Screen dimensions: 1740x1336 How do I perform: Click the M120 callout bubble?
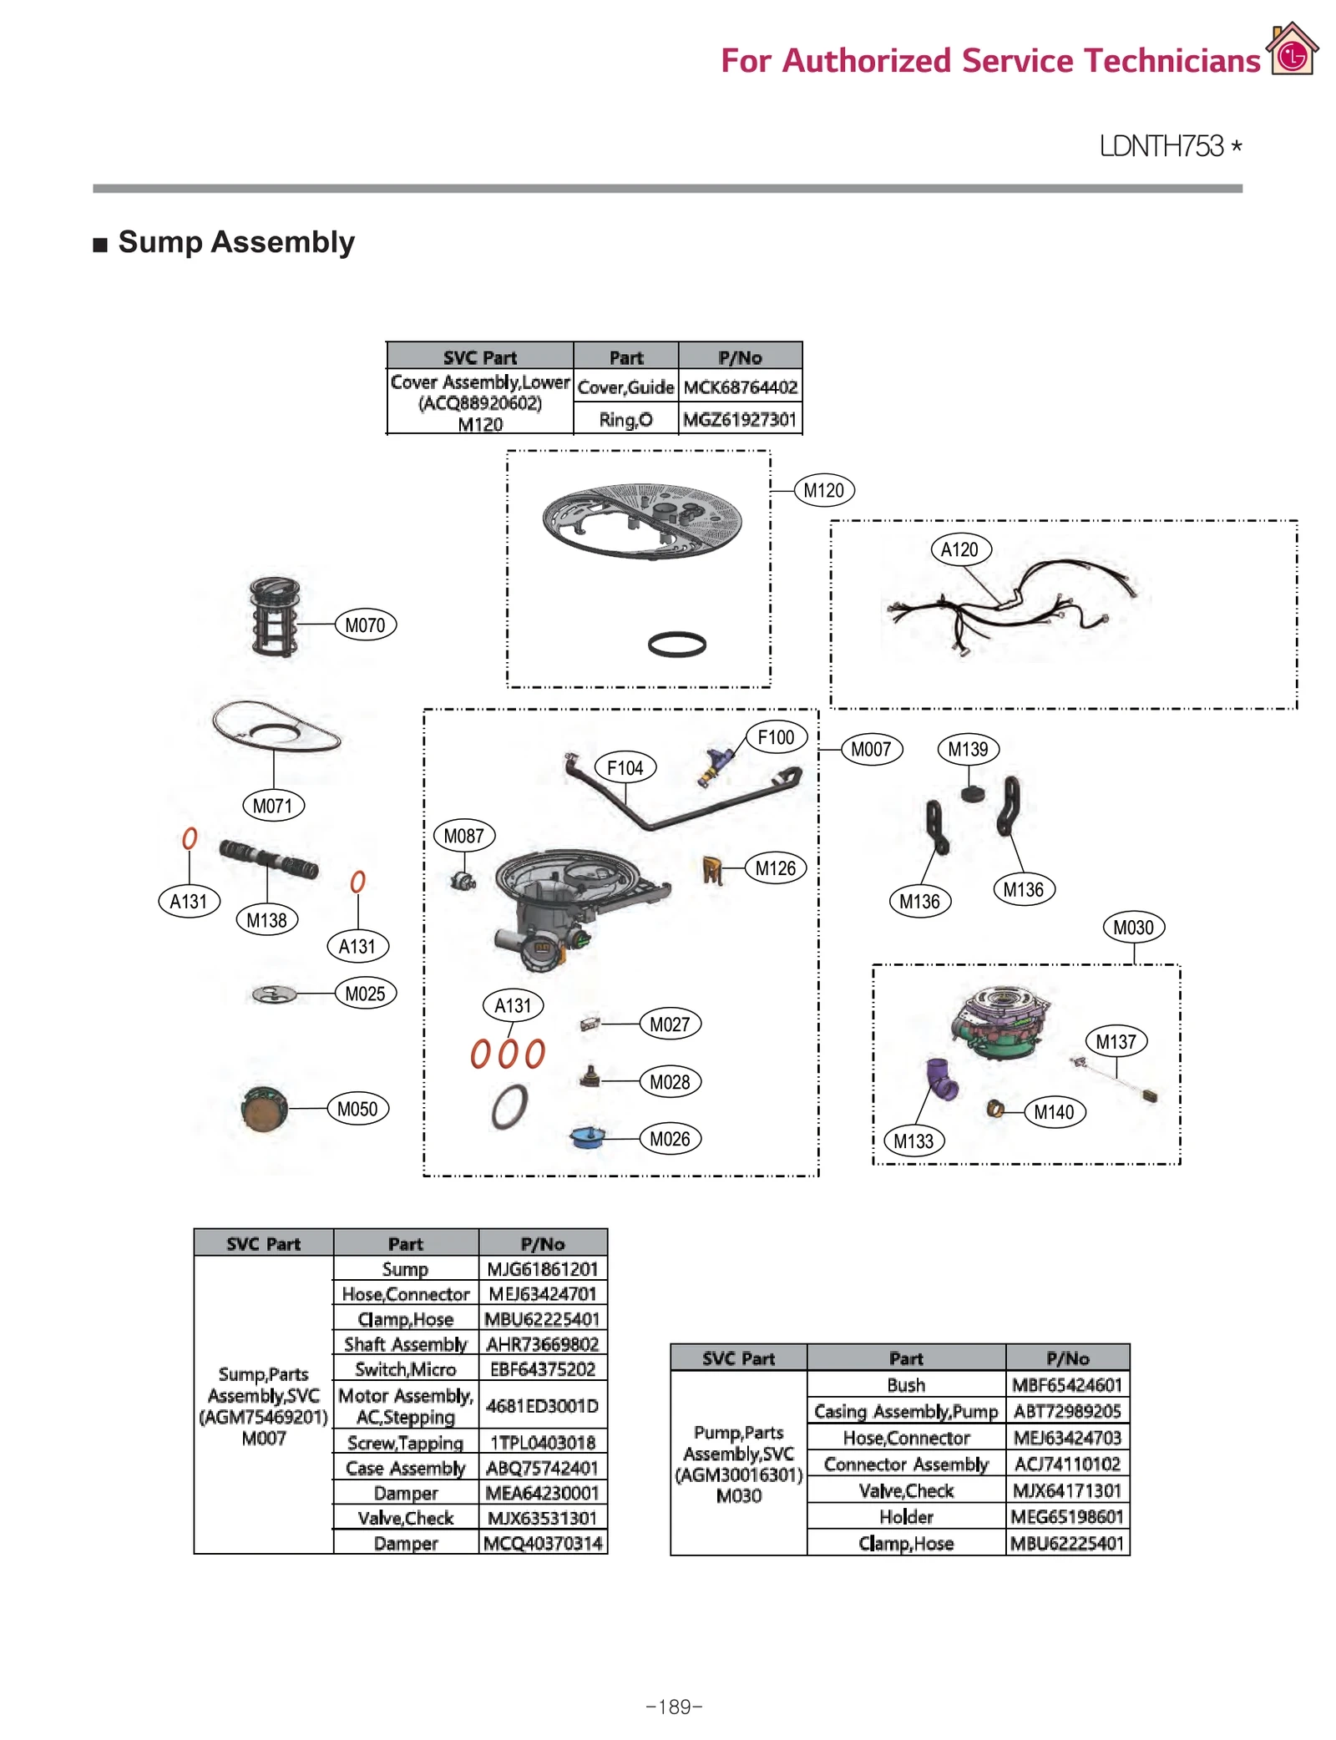tap(823, 490)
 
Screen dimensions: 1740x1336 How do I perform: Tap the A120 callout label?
tap(960, 549)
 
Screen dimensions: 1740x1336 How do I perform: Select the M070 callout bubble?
tap(365, 625)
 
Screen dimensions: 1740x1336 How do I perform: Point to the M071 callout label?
tap(273, 806)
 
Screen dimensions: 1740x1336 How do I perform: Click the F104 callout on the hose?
tap(625, 767)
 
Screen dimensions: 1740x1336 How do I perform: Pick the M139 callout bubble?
tap(968, 749)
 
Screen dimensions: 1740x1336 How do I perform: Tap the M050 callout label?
tap(357, 1109)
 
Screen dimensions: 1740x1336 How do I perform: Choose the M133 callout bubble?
tap(913, 1141)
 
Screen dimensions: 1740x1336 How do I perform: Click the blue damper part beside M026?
tap(588, 1138)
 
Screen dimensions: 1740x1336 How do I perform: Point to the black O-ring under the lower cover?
tap(677, 644)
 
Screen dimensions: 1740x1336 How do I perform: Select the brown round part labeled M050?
tap(264, 1109)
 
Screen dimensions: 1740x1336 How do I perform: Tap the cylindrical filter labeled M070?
tap(274, 617)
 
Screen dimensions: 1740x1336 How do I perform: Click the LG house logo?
tap(1292, 51)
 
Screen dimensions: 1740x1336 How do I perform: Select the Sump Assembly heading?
tap(236, 242)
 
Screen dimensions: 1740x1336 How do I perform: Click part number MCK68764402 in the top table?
tap(740, 387)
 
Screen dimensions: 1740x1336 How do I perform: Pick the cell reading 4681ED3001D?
tap(543, 1406)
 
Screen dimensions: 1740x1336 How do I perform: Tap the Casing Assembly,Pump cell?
tap(906, 1411)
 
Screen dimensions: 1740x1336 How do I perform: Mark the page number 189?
tap(675, 1707)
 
